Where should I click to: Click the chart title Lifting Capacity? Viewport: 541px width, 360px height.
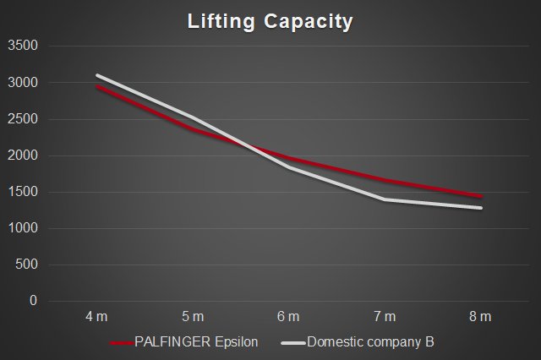(x=270, y=21)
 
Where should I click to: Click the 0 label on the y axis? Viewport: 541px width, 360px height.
(x=34, y=301)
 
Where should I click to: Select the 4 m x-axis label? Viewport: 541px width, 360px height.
(x=97, y=317)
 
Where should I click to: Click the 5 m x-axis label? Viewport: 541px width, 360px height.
(x=193, y=317)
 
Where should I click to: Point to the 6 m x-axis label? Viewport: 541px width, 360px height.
(x=288, y=317)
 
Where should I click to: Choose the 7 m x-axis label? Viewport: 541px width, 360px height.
(x=385, y=317)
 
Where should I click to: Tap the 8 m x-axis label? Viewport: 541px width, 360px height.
(x=480, y=317)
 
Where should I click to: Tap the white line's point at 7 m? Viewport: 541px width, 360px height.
(x=385, y=199)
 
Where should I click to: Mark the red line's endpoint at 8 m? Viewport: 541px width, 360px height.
(x=481, y=197)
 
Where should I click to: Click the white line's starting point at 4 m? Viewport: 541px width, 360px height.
(x=97, y=75)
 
